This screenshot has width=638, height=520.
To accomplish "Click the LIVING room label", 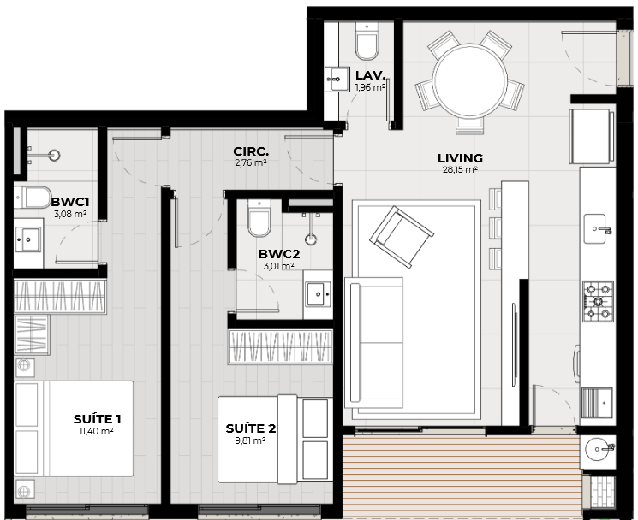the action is click(460, 158).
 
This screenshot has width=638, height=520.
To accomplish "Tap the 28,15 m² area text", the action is click(460, 169).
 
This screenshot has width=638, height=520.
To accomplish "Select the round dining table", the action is click(470, 80).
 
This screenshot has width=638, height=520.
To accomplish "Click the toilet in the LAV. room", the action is click(367, 41).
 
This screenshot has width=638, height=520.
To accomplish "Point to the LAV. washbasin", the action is click(337, 80).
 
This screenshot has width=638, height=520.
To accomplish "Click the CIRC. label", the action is click(251, 151).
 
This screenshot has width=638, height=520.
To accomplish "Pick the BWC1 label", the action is click(70, 202).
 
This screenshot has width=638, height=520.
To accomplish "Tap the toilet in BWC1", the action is click(33, 197).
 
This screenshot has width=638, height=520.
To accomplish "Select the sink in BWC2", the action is click(319, 293).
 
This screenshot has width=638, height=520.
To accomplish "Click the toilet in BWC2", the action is click(259, 218).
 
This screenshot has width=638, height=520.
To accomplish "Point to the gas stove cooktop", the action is click(598, 301).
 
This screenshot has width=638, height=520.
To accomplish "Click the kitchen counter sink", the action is click(595, 229).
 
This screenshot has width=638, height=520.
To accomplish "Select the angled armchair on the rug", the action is click(402, 237).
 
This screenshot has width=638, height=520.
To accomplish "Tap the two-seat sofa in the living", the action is click(373, 342).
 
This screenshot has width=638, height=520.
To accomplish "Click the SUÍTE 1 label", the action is click(98, 419).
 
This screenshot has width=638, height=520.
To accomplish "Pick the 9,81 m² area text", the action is click(250, 440).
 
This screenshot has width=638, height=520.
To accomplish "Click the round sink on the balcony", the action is click(597, 449).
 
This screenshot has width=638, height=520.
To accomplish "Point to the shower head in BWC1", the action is click(54, 155).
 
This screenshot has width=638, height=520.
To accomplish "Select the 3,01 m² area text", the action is click(278, 266).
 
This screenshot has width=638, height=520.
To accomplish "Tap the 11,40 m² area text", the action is click(96, 431).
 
